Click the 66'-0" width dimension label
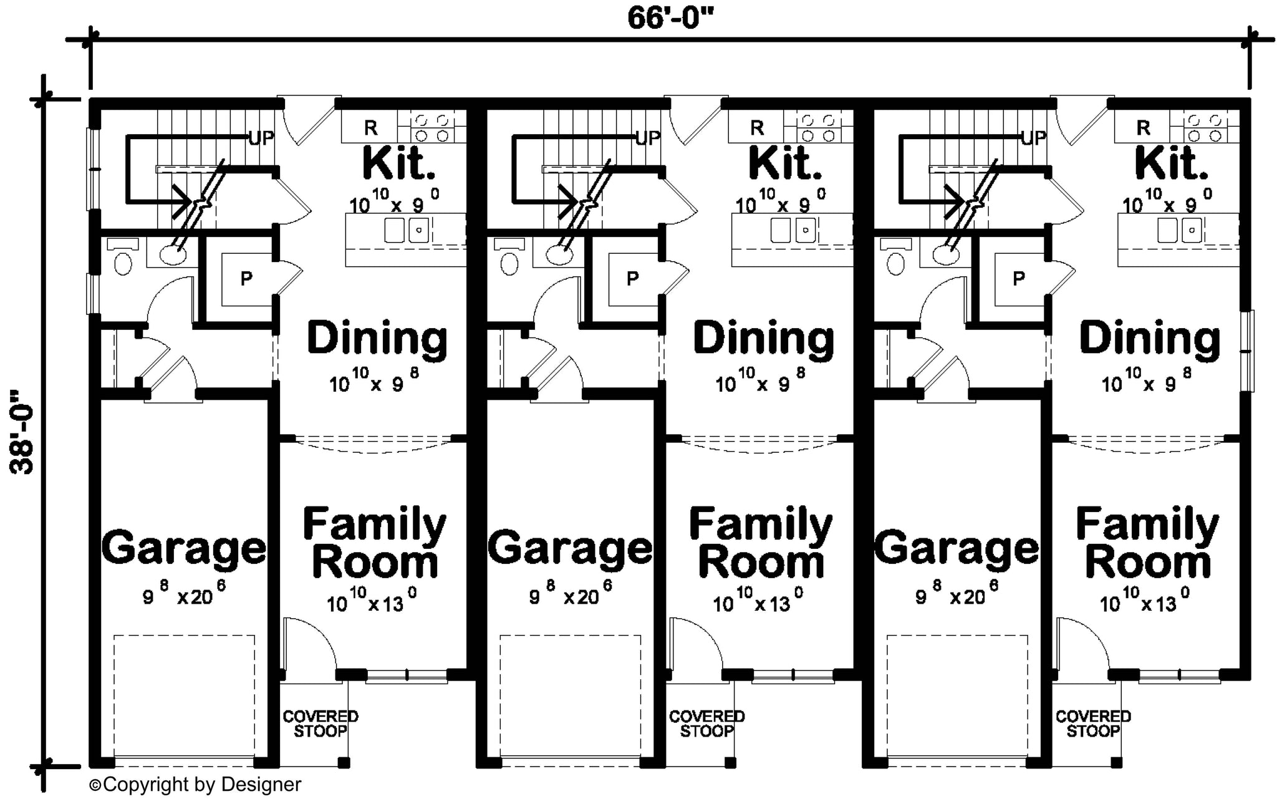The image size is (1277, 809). (670, 17)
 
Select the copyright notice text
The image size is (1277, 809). (195, 785)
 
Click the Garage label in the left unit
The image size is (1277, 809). (184, 548)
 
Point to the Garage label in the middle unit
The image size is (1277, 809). (570, 548)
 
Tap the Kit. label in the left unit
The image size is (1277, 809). (399, 163)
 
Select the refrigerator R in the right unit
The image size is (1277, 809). (1143, 128)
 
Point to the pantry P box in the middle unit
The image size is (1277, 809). (632, 279)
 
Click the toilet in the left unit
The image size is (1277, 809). (123, 258)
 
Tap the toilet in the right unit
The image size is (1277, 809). (896, 258)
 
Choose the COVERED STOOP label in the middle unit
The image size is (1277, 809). (706, 724)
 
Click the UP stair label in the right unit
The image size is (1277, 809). (1034, 138)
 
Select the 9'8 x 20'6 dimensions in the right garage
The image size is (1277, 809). (957, 594)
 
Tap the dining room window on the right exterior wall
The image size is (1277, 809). (1247, 351)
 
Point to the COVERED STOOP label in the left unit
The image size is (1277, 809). (320, 724)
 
